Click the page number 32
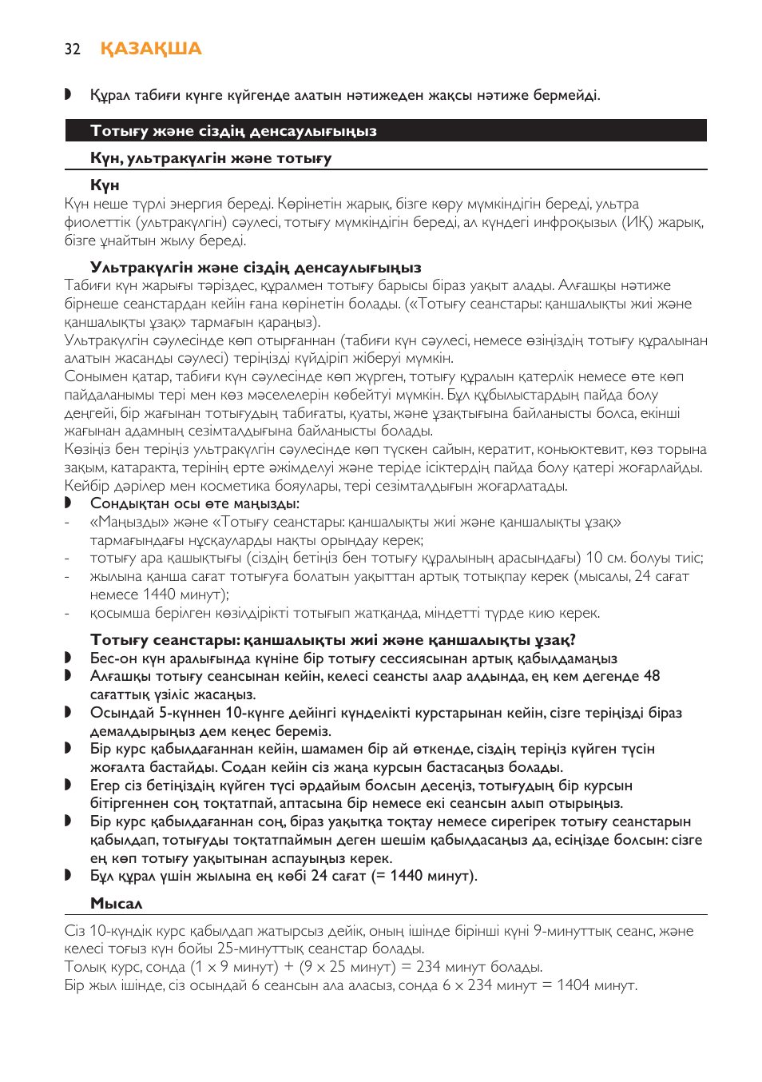(x=72, y=50)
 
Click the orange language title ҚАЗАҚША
(x=151, y=49)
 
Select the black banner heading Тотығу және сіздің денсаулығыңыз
(x=233, y=131)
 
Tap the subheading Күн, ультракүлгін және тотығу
(x=211, y=158)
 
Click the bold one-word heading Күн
(x=105, y=185)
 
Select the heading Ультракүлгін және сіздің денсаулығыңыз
(x=256, y=268)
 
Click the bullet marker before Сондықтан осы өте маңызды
(x=68, y=503)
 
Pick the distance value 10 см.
(x=605, y=558)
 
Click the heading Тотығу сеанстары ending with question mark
(x=333, y=640)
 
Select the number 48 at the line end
(x=652, y=676)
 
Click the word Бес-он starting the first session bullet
(x=113, y=658)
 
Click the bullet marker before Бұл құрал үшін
(x=68, y=876)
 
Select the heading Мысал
(x=117, y=904)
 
